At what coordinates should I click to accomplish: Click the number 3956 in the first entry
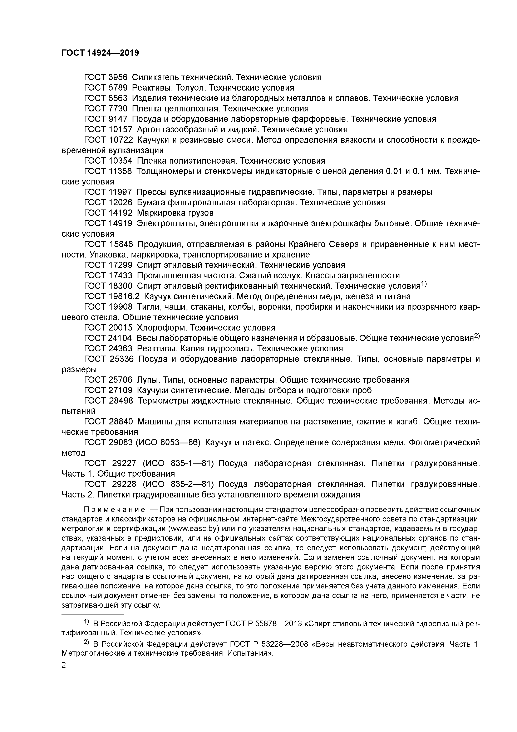(x=118, y=77)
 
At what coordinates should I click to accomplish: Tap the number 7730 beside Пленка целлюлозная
(x=118, y=108)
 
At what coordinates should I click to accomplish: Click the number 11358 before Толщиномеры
(x=120, y=171)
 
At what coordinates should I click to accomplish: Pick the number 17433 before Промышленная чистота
(x=120, y=275)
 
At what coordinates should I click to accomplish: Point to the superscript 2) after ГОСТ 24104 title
(x=477, y=336)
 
